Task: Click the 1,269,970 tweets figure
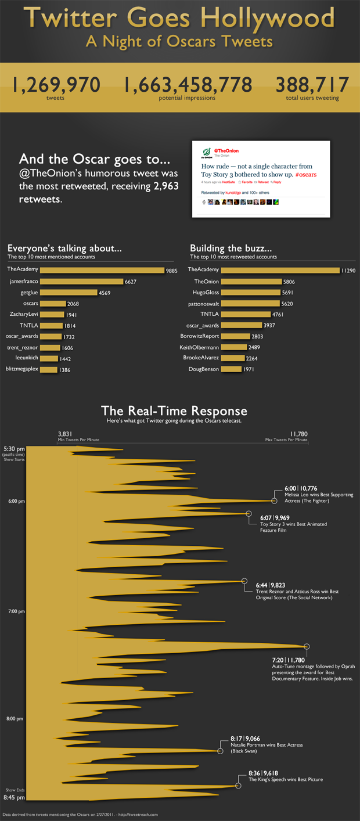(56, 85)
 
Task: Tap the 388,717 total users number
(312, 85)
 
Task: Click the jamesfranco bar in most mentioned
(81, 281)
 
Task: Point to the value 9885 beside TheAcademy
(171, 271)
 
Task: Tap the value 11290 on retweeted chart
(348, 271)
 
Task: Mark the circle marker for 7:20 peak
(307, 646)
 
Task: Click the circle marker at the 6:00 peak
(275, 500)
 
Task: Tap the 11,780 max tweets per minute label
(298, 433)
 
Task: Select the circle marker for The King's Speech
(238, 786)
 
